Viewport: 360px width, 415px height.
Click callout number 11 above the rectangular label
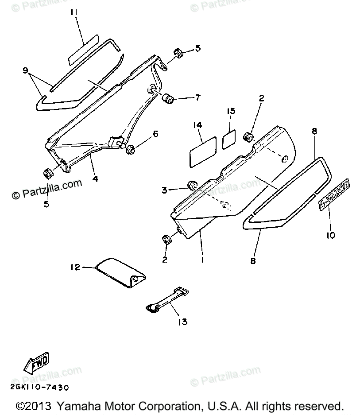(74, 12)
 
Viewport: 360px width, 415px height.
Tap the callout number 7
(197, 97)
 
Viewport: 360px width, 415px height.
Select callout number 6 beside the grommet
(155, 134)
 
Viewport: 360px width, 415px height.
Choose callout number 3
(164, 190)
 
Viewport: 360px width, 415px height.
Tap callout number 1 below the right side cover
(202, 260)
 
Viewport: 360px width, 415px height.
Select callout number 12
(75, 267)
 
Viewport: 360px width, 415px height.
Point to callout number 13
(182, 322)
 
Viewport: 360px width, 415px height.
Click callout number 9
(25, 70)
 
